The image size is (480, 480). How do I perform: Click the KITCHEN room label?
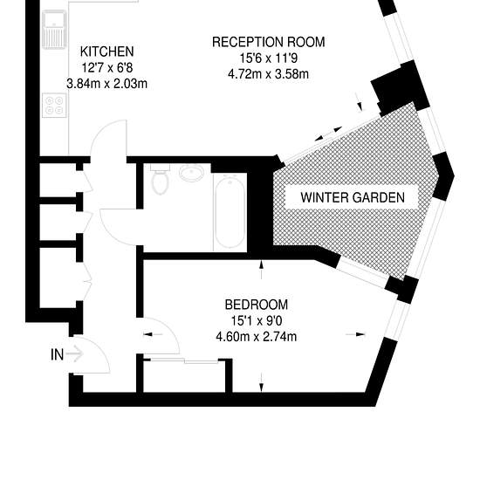coord(106,51)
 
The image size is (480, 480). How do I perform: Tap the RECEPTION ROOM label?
coord(269,42)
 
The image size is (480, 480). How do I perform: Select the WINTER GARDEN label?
coord(353,197)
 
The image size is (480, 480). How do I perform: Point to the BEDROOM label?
coord(257,305)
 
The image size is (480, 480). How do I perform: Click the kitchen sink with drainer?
coord(54,30)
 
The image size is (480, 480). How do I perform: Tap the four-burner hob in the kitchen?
coord(54,105)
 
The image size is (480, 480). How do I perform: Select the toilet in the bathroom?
coord(160,179)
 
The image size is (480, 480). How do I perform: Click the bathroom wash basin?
coord(192,174)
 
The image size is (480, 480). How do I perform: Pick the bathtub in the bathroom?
coord(230,212)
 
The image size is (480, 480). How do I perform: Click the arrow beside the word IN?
coord(75,354)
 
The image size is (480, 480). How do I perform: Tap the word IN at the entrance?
coord(58,355)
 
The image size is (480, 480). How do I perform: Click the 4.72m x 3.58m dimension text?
coord(268,74)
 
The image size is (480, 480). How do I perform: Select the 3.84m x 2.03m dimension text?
coord(106,84)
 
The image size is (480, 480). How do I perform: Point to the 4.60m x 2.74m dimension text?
coord(257,337)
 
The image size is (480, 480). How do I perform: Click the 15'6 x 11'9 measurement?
coord(269,58)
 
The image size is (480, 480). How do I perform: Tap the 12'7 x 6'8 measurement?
coord(107,67)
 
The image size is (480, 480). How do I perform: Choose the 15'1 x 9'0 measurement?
coord(257,321)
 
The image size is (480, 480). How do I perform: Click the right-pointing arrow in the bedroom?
coord(355,334)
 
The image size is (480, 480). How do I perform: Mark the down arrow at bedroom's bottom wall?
coord(261,382)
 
